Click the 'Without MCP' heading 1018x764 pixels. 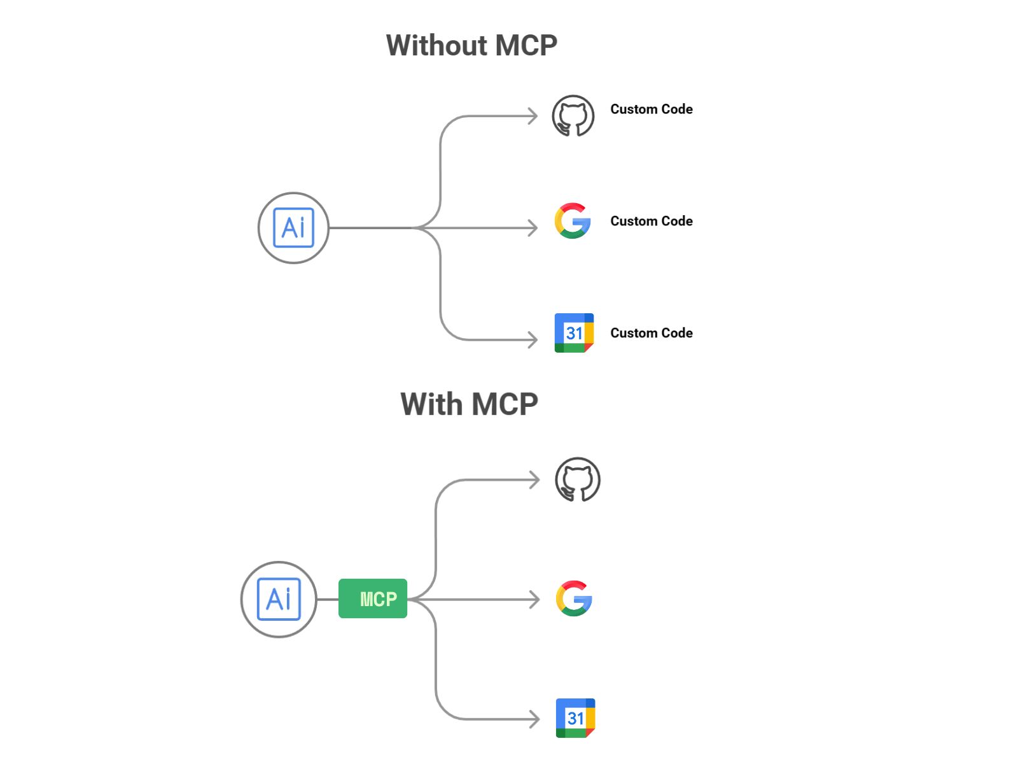(x=471, y=46)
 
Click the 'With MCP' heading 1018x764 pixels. (x=469, y=404)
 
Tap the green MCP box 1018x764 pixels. (x=373, y=598)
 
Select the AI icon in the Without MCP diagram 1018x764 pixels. (x=293, y=228)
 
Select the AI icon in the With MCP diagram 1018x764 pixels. (x=279, y=599)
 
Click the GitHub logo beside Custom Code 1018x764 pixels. (x=573, y=116)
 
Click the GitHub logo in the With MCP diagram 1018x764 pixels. (x=577, y=479)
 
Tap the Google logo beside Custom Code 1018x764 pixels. (x=573, y=221)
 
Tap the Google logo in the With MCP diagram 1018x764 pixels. (x=574, y=598)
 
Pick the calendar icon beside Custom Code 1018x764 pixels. (x=574, y=332)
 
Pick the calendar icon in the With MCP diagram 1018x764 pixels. (x=575, y=718)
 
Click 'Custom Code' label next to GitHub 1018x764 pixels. (x=651, y=110)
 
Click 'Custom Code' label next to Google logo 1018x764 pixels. (x=651, y=222)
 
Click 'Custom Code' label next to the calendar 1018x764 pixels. (x=651, y=333)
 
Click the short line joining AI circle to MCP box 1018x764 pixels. (x=328, y=599)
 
